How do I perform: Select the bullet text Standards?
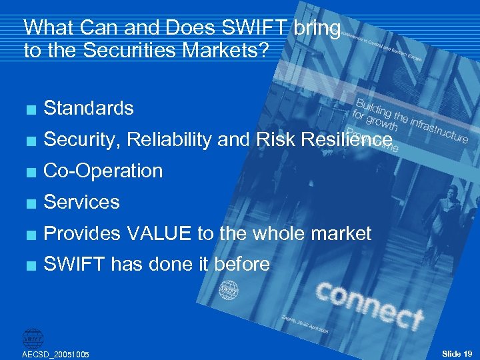pos(88,108)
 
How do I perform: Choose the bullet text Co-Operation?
pos(103,171)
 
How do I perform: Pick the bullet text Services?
pos(81,202)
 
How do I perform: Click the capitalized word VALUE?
pos(159,233)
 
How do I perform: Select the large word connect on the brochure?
pos(369,304)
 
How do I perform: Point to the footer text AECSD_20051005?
pos(56,354)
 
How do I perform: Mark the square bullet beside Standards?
pos(28,109)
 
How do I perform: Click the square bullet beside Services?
pos(28,203)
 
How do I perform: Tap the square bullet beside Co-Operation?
pos(28,171)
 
